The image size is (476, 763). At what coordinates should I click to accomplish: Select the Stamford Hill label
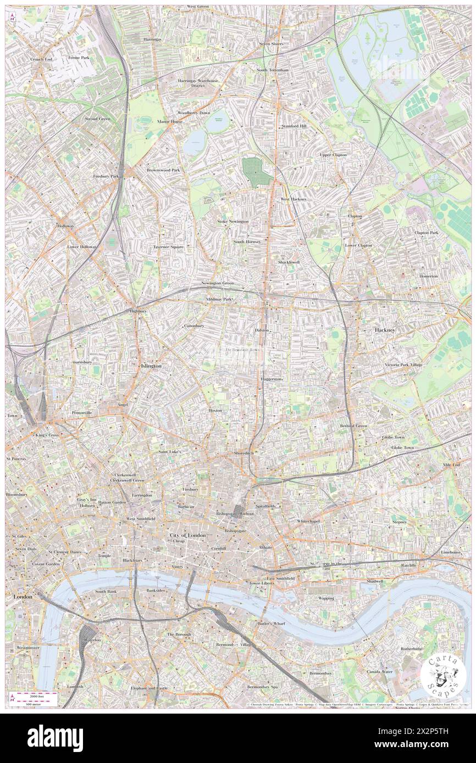pos(294,126)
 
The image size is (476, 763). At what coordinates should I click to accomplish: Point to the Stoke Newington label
pos(233,221)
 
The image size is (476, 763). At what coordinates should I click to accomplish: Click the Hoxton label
pos(215,410)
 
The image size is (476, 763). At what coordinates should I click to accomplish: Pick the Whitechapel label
pos(308,520)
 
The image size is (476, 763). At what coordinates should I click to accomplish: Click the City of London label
pos(187,535)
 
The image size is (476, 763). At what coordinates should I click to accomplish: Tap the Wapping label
pos(326,598)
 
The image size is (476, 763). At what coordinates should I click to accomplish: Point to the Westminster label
pos(28,648)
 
